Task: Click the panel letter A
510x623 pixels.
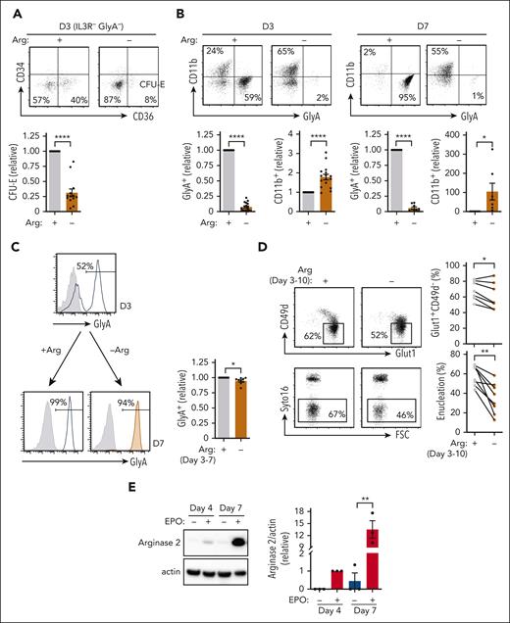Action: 11,10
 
